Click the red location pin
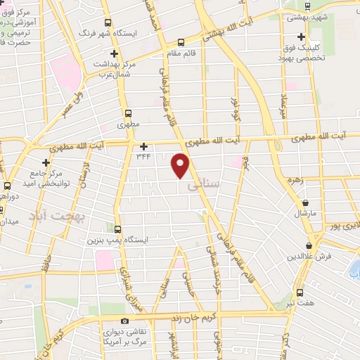pos(181,165)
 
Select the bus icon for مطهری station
pos(127,113)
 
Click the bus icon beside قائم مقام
pos(181,41)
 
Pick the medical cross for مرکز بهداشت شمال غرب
pos(114,53)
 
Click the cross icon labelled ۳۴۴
pos(143,147)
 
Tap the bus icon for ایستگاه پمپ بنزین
pos(117,229)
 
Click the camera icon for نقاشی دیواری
pos(125,321)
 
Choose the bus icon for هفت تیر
pos(300,292)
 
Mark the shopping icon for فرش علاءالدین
pos(309,245)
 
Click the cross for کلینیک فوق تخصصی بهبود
pos(302,37)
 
